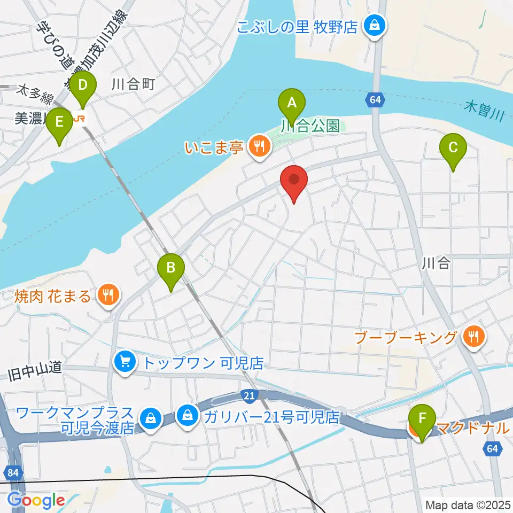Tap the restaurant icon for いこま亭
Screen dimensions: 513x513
coord(260,145)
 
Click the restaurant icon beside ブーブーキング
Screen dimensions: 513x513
coord(473,337)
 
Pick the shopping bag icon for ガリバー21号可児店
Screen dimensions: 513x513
coord(188,415)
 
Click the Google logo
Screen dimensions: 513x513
coord(36,501)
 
